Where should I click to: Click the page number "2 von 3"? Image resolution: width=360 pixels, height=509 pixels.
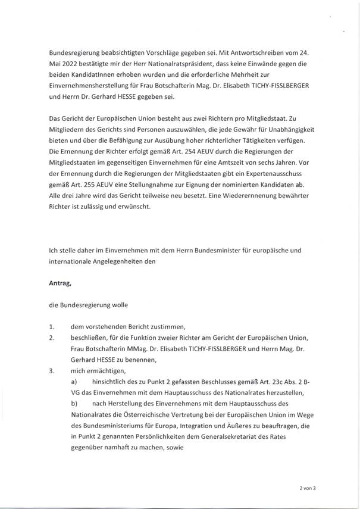309,488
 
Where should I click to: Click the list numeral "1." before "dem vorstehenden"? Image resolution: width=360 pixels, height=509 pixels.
52,327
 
